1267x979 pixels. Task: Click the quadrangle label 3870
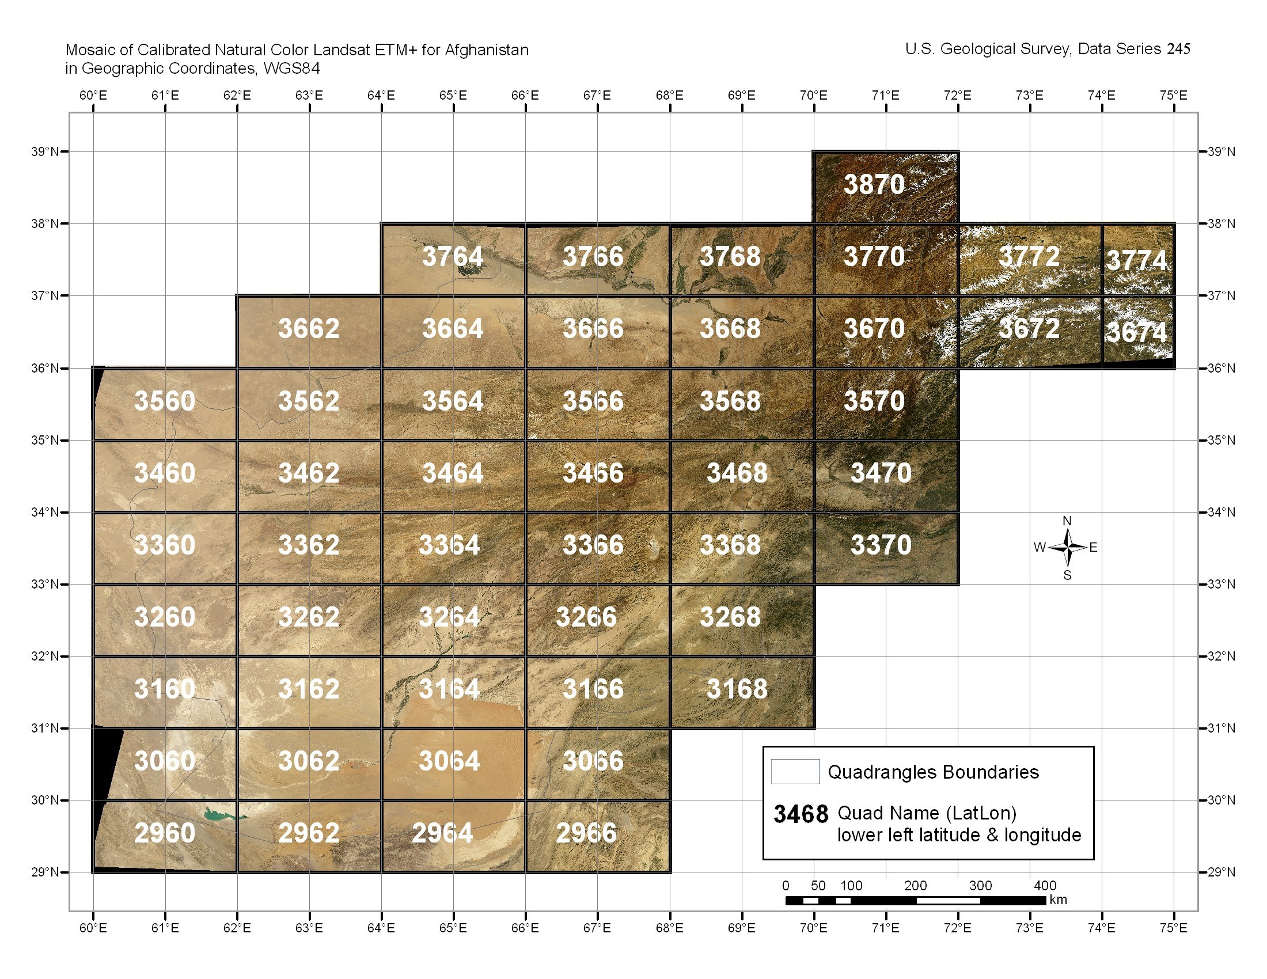(x=874, y=184)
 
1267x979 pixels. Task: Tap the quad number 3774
(x=1137, y=260)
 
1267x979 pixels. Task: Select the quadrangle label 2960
(x=165, y=833)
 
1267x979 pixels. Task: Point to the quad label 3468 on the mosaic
(x=737, y=473)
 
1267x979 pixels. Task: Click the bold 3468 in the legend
(x=801, y=814)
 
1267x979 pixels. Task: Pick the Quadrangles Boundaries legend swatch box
(x=795, y=771)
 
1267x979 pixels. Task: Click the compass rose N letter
(x=1067, y=521)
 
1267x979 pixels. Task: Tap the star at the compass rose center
(x=1067, y=548)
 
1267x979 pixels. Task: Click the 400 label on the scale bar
(x=1045, y=886)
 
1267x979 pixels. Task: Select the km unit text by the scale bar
(x=1058, y=900)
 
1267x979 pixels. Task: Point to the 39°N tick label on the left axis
(x=45, y=152)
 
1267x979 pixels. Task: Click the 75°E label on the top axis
(x=1173, y=95)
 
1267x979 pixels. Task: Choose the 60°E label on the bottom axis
(x=93, y=928)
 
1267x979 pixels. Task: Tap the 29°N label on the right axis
(x=1221, y=872)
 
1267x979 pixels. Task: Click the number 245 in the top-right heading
(x=1178, y=50)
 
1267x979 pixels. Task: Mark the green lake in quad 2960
(x=223, y=815)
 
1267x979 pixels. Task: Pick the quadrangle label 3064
(x=449, y=761)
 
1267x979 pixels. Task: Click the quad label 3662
(x=309, y=329)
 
